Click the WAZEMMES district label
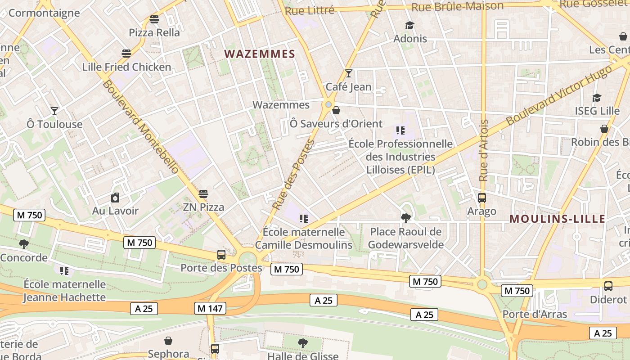pos(260,54)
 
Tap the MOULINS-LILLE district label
pos(557,219)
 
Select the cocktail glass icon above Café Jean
pos(348,73)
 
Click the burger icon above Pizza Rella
pos(154,19)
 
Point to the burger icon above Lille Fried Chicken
pos(126,54)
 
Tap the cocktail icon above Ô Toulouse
pos(54,111)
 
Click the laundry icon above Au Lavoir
pos(115,198)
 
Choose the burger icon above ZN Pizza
pos(203,194)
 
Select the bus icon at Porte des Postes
pos(221,255)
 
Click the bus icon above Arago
pos(482,198)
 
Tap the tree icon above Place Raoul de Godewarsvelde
pos(406,218)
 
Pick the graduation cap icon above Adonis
pos(409,25)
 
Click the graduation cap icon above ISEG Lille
pos(597,98)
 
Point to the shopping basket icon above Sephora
pos(168,341)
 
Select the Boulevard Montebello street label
pos(141,127)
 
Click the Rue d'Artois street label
pos(484,150)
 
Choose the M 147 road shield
pos(210,308)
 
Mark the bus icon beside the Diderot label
pos(608,286)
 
